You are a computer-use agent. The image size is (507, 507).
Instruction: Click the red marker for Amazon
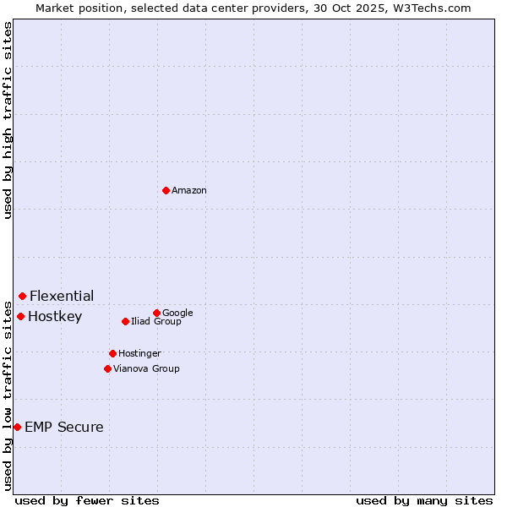click(x=166, y=190)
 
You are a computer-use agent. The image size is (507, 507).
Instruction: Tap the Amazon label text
click(x=189, y=191)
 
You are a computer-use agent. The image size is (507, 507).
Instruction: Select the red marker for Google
click(x=156, y=313)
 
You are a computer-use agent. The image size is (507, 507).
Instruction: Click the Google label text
click(x=177, y=313)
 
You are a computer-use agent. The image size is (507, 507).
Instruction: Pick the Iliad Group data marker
click(x=125, y=321)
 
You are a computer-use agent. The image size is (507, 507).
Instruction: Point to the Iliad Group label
click(x=156, y=322)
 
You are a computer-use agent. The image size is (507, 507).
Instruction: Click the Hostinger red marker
click(x=112, y=353)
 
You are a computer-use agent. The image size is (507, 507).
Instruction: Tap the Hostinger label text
click(x=139, y=354)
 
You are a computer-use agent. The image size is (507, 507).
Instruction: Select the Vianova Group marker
click(x=107, y=368)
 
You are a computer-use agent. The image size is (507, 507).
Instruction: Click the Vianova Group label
click(x=146, y=369)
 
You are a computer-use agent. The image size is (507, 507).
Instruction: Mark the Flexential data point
click(x=22, y=296)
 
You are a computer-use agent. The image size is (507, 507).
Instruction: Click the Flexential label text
click(x=62, y=297)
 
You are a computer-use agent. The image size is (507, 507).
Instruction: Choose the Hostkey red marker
click(x=20, y=316)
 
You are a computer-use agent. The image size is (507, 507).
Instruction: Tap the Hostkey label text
click(x=55, y=317)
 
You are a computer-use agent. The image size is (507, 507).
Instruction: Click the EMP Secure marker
click(x=17, y=427)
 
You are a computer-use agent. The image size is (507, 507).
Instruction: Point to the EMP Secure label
click(x=64, y=428)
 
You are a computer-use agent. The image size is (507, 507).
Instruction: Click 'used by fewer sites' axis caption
click(x=87, y=501)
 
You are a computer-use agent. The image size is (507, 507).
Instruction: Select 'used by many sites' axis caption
click(x=424, y=501)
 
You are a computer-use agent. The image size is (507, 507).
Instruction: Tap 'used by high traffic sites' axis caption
click(x=8, y=120)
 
